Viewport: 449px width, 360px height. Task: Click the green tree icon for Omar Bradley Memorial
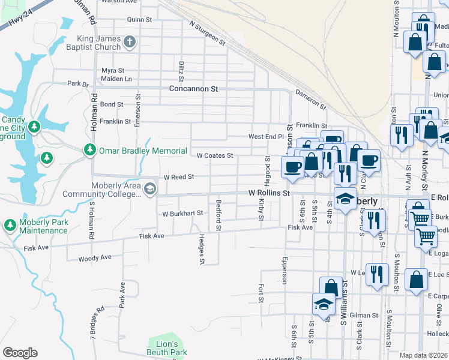90,150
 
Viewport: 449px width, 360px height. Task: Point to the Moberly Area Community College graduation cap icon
150,190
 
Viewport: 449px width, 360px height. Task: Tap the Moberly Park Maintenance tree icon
10,225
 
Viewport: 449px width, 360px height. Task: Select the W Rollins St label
270,193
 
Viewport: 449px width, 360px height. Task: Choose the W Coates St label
215,156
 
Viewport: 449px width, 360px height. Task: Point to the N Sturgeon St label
207,34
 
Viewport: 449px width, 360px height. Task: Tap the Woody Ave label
95,258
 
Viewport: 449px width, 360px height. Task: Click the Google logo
20,353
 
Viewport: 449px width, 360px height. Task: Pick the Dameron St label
310,100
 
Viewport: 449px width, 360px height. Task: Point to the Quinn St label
139,20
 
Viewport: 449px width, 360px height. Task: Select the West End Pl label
266,137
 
